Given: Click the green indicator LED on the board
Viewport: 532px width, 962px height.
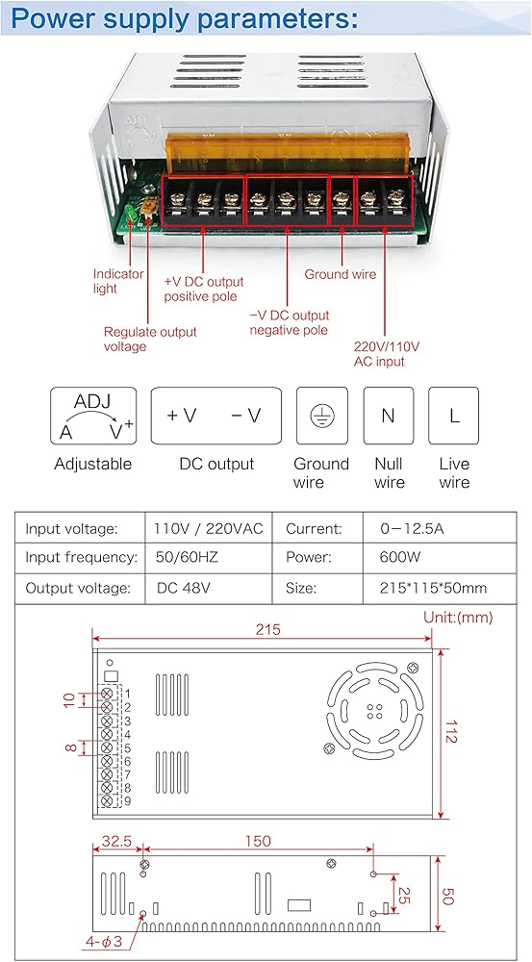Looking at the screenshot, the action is [x=130, y=214].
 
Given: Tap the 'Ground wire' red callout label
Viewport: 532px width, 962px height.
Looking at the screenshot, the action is [x=340, y=274].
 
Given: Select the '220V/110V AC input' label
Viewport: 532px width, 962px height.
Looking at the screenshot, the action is [x=387, y=354].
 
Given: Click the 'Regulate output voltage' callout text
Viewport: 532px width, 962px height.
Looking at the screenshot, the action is [x=150, y=340].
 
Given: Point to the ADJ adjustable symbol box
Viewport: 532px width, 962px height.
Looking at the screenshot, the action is [x=92, y=416].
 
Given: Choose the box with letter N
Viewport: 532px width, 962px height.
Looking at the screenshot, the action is [x=389, y=416].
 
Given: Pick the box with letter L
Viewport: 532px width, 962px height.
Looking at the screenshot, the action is [x=453, y=416].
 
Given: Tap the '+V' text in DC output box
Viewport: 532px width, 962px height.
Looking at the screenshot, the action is [x=182, y=416].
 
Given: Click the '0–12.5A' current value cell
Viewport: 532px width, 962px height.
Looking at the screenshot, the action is [x=412, y=528].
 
